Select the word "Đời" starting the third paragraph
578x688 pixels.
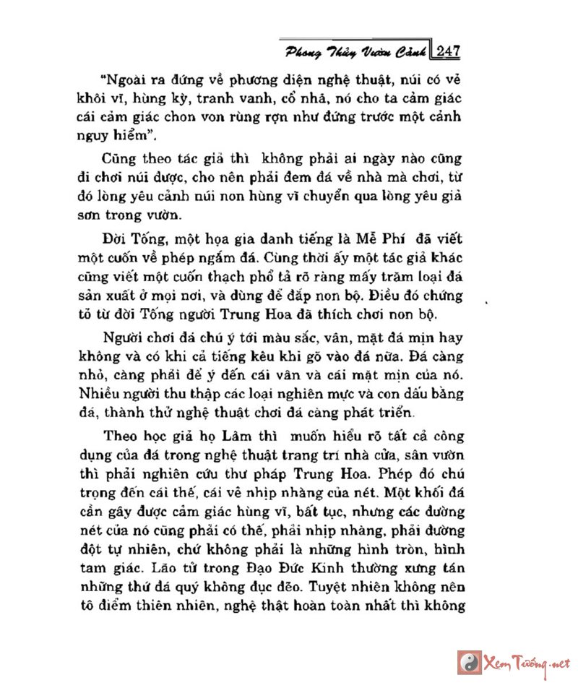coord(116,239)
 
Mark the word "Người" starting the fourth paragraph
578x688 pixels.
coord(121,338)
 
